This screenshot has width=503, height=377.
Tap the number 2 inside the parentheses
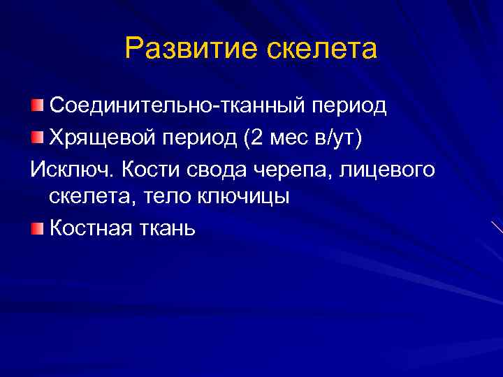256,138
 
